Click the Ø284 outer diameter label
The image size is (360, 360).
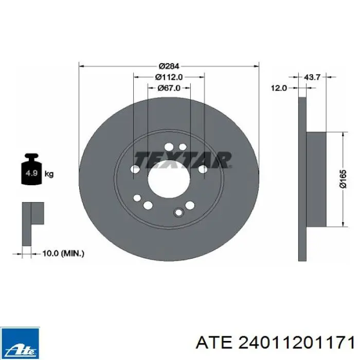click(x=169, y=66)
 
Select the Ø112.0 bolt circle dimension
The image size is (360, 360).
click(x=169, y=77)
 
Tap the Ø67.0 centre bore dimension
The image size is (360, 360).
click(x=169, y=88)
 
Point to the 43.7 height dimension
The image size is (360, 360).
click(x=312, y=77)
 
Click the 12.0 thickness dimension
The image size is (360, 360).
click(x=279, y=88)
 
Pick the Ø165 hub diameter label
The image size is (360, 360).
click(x=343, y=179)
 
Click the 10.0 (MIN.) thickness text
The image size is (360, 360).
click(x=63, y=254)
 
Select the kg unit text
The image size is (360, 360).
click(x=49, y=174)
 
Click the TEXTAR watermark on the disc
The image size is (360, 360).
click(x=183, y=159)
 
